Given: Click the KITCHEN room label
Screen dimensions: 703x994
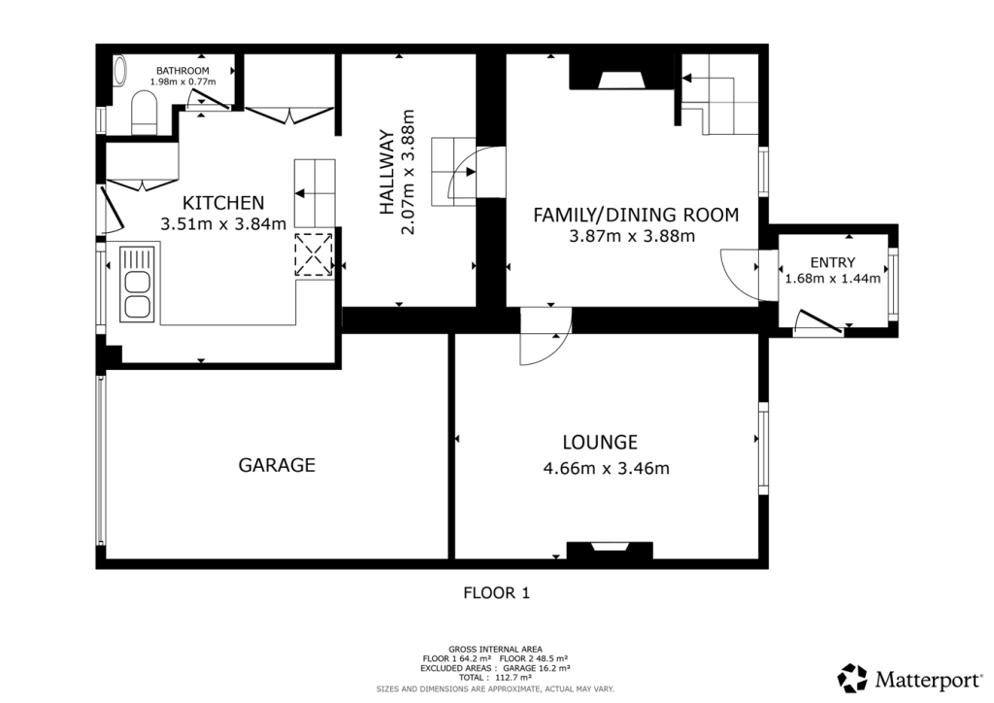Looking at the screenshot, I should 223,203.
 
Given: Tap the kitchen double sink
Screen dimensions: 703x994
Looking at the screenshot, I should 136,284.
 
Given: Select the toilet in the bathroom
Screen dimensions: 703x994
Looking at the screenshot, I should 144,112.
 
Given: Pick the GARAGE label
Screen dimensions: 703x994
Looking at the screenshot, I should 277,465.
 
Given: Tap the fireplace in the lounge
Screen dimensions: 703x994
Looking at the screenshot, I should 611,551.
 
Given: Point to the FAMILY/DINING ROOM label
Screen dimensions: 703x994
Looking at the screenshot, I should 636,215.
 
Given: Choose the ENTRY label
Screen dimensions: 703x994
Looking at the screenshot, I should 833,261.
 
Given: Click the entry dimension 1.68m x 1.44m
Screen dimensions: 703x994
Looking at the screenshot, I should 832,279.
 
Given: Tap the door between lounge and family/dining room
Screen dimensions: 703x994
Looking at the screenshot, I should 544,338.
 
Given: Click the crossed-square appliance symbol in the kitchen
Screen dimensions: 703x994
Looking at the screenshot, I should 315,254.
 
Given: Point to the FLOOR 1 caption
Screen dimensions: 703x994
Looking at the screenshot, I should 496,591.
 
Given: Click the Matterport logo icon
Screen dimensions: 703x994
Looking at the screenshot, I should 852,677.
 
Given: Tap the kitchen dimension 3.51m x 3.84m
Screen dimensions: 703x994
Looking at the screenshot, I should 223,224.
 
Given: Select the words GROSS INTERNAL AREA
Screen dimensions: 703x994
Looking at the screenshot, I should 495,649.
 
